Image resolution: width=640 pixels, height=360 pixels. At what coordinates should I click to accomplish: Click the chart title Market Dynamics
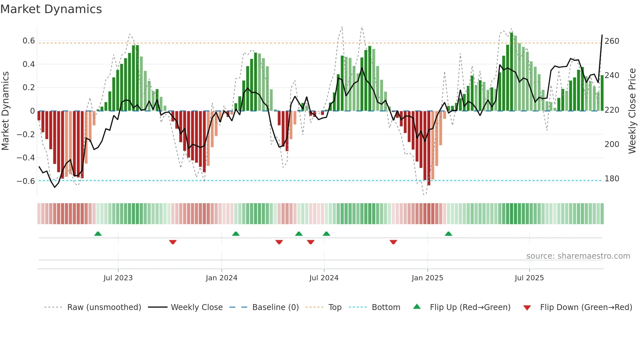pos(51,9)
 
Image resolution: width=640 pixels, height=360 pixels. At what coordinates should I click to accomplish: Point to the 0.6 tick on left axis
pos(29,41)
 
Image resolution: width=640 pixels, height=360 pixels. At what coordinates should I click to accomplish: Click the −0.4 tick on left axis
pos(26,158)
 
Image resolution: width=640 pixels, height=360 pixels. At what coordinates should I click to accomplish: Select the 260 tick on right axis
pos(612,41)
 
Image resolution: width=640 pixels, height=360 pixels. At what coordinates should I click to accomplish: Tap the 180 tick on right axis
pos(612,179)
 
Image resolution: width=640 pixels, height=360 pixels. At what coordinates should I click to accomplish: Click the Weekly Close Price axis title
pos(632,111)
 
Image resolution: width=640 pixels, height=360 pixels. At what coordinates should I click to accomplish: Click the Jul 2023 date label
pos(118,278)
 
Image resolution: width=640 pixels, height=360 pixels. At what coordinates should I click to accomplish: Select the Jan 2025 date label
pos(427,278)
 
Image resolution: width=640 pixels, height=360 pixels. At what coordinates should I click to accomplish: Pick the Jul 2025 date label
pos(529,278)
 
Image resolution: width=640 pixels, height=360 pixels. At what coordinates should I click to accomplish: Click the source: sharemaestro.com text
pos(578,256)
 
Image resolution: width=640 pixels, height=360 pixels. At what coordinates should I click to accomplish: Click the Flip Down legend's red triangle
pos(527,308)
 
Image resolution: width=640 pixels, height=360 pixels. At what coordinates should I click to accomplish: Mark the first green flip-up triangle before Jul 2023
pos(98,234)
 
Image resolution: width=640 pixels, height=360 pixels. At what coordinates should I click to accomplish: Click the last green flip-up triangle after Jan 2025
pos(448,234)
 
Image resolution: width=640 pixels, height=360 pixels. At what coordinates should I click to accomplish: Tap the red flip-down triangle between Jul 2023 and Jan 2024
pos(173,242)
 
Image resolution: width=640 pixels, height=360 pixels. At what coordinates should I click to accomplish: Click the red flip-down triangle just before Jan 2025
pos(393,242)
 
